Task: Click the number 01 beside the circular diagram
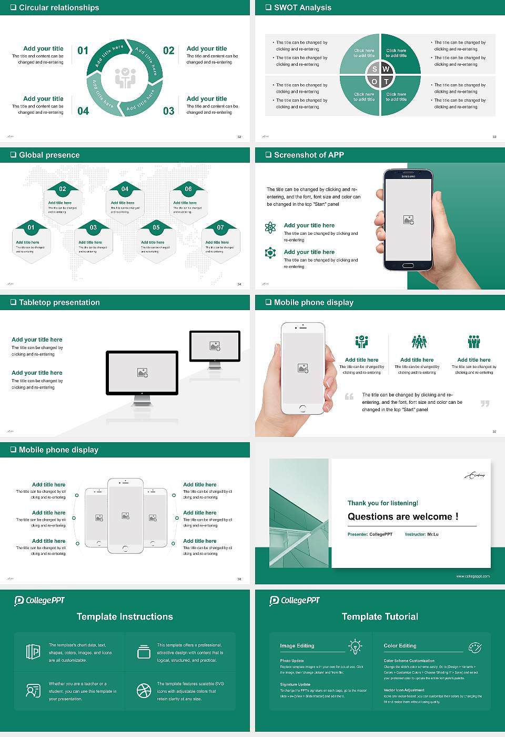pyautogui.click(x=83, y=51)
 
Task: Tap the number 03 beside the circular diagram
pyautogui.click(x=168, y=111)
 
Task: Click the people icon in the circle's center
pyautogui.click(x=125, y=77)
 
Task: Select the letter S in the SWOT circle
pyautogui.click(x=375, y=69)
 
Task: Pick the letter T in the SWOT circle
pyautogui.click(x=386, y=82)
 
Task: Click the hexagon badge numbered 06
pyautogui.click(x=188, y=189)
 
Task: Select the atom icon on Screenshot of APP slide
pyautogui.click(x=270, y=227)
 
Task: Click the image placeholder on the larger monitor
pyautogui.click(x=142, y=372)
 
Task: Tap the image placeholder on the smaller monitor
pyautogui.click(x=215, y=346)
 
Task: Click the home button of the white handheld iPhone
pyautogui.click(x=302, y=409)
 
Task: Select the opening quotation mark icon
pyautogui.click(x=349, y=396)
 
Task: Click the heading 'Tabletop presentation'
pyautogui.click(x=59, y=303)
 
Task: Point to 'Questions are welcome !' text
pyautogui.click(x=403, y=516)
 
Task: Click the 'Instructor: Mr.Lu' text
pyautogui.click(x=421, y=534)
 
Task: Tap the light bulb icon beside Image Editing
pyautogui.click(x=355, y=646)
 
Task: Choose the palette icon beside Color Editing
pyautogui.click(x=474, y=647)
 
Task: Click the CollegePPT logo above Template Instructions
pyautogui.click(x=39, y=601)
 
